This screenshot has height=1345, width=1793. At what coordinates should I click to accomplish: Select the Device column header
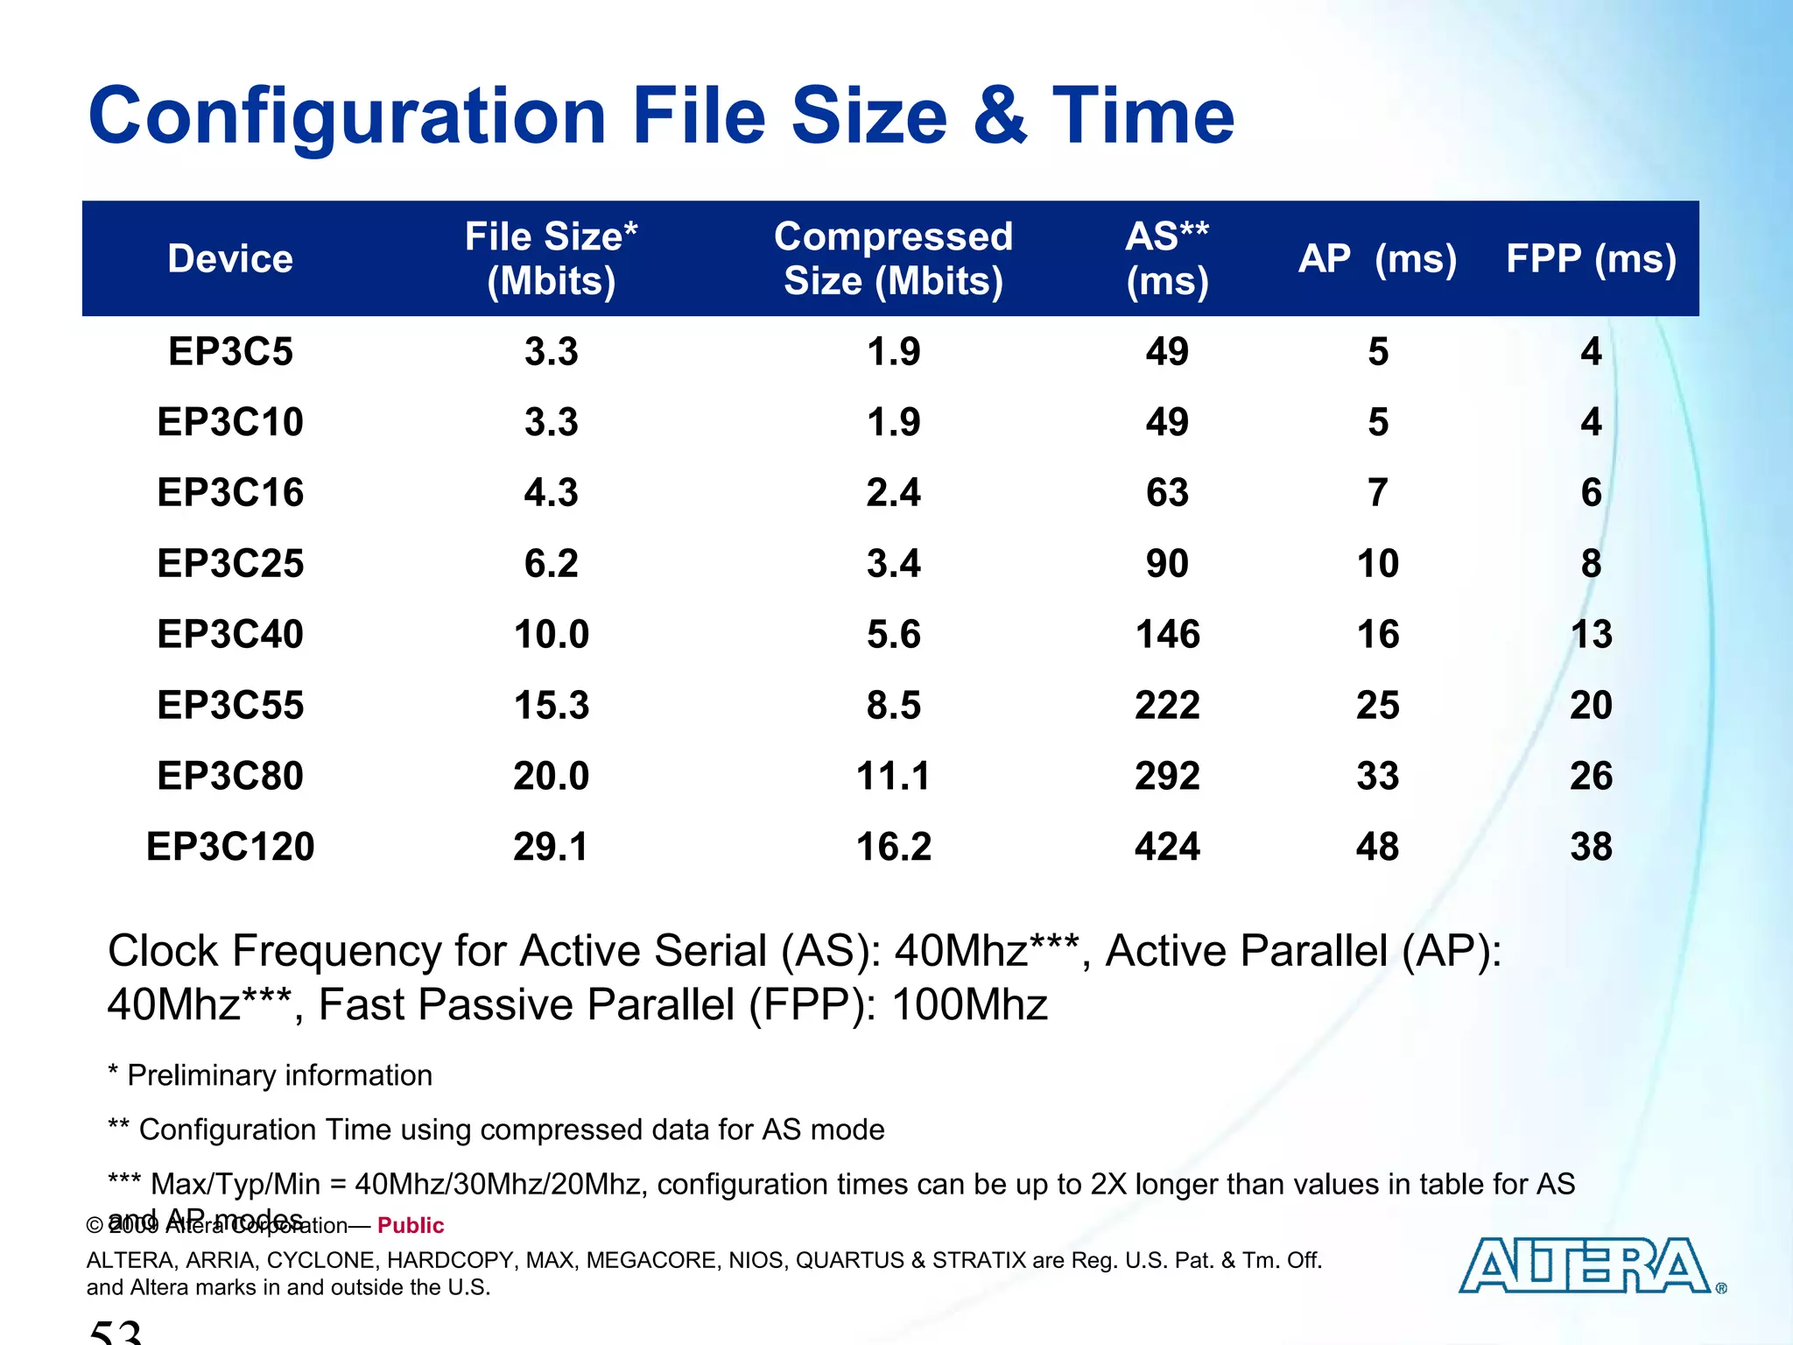point(230,259)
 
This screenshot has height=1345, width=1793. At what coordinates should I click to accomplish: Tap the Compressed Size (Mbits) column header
point(893,259)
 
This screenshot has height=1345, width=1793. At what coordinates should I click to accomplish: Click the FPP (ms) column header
point(1591,259)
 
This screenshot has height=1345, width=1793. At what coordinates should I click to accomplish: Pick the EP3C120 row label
point(230,847)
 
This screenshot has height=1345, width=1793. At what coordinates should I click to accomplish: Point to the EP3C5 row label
point(230,352)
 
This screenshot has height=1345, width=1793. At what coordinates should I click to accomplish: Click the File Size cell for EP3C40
point(552,634)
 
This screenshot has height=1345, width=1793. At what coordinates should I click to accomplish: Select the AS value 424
point(1167,847)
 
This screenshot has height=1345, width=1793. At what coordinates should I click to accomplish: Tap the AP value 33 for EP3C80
point(1377,776)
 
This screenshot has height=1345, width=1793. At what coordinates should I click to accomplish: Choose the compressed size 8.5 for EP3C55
point(893,705)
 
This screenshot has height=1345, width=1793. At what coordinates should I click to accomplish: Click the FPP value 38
point(1591,847)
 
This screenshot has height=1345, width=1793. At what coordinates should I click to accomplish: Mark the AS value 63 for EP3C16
point(1167,493)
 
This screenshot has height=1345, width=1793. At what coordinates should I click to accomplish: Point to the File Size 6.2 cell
point(552,563)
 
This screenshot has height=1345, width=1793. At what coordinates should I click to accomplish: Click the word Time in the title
point(1143,116)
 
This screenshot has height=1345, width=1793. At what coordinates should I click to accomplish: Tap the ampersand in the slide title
point(1000,116)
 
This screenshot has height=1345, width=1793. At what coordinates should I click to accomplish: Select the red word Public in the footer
point(411,1225)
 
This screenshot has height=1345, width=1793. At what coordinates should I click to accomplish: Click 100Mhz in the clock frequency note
point(969,1004)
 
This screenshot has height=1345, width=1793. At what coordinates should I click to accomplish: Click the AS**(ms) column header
point(1167,259)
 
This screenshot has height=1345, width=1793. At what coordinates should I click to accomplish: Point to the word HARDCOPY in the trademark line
point(445,1260)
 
